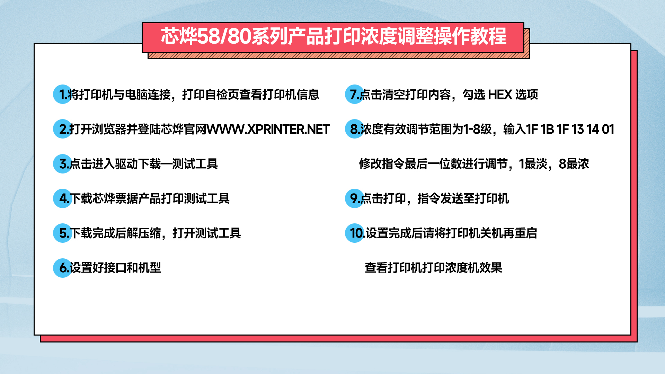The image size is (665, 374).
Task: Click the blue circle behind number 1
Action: (63, 94)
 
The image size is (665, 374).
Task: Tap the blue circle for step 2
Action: (63, 129)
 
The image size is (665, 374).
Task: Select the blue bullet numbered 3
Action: (63, 163)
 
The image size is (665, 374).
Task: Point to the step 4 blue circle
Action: (63, 198)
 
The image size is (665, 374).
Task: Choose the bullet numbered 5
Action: (63, 233)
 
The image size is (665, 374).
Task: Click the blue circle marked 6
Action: (63, 267)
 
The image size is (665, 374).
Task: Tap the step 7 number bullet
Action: (355, 94)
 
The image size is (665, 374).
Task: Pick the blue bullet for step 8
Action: (355, 129)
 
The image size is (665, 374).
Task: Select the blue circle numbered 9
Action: (355, 198)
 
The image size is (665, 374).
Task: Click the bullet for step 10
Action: (355, 233)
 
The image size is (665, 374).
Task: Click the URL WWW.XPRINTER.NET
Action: (268, 129)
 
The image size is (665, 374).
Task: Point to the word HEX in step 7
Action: (500, 95)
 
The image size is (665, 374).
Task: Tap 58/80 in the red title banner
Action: (224, 36)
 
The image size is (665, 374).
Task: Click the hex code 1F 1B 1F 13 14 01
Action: (570, 129)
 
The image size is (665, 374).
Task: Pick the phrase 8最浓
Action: (574, 164)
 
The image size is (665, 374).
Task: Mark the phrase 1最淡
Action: (533, 164)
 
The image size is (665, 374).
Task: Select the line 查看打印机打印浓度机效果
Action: (433, 268)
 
